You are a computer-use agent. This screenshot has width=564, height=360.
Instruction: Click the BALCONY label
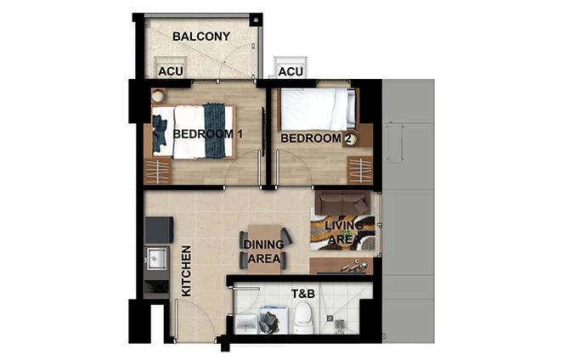(x=201, y=37)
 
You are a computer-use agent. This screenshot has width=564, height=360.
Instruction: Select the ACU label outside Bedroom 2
(x=290, y=72)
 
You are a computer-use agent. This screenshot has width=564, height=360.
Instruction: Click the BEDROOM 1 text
(x=208, y=134)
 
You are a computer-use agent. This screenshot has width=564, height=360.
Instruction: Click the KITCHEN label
(x=186, y=271)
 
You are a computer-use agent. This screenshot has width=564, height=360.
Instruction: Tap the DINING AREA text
(x=263, y=252)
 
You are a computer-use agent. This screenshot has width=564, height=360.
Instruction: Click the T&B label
(x=303, y=295)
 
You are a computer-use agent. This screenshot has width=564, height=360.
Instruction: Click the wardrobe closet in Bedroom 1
(x=156, y=171)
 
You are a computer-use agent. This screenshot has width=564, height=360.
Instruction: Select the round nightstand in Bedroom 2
(x=349, y=141)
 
